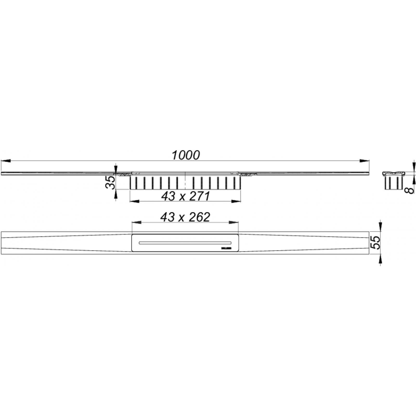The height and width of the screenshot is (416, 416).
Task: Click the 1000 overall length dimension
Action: [x=186, y=155]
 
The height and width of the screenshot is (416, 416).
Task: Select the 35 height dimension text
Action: [x=111, y=182]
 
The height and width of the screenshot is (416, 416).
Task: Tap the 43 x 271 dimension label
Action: [x=185, y=196]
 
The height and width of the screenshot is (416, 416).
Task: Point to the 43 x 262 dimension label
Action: [x=185, y=217]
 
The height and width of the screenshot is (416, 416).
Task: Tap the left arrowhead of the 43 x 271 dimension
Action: [x=134, y=201]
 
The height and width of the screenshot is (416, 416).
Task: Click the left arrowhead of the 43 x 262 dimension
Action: [x=136, y=222]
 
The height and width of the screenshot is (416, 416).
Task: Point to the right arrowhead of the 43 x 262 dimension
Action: [x=234, y=222]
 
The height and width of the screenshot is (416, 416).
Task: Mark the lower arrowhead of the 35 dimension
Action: [x=116, y=194]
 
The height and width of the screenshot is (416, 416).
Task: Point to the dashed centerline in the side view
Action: [x=185, y=181]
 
